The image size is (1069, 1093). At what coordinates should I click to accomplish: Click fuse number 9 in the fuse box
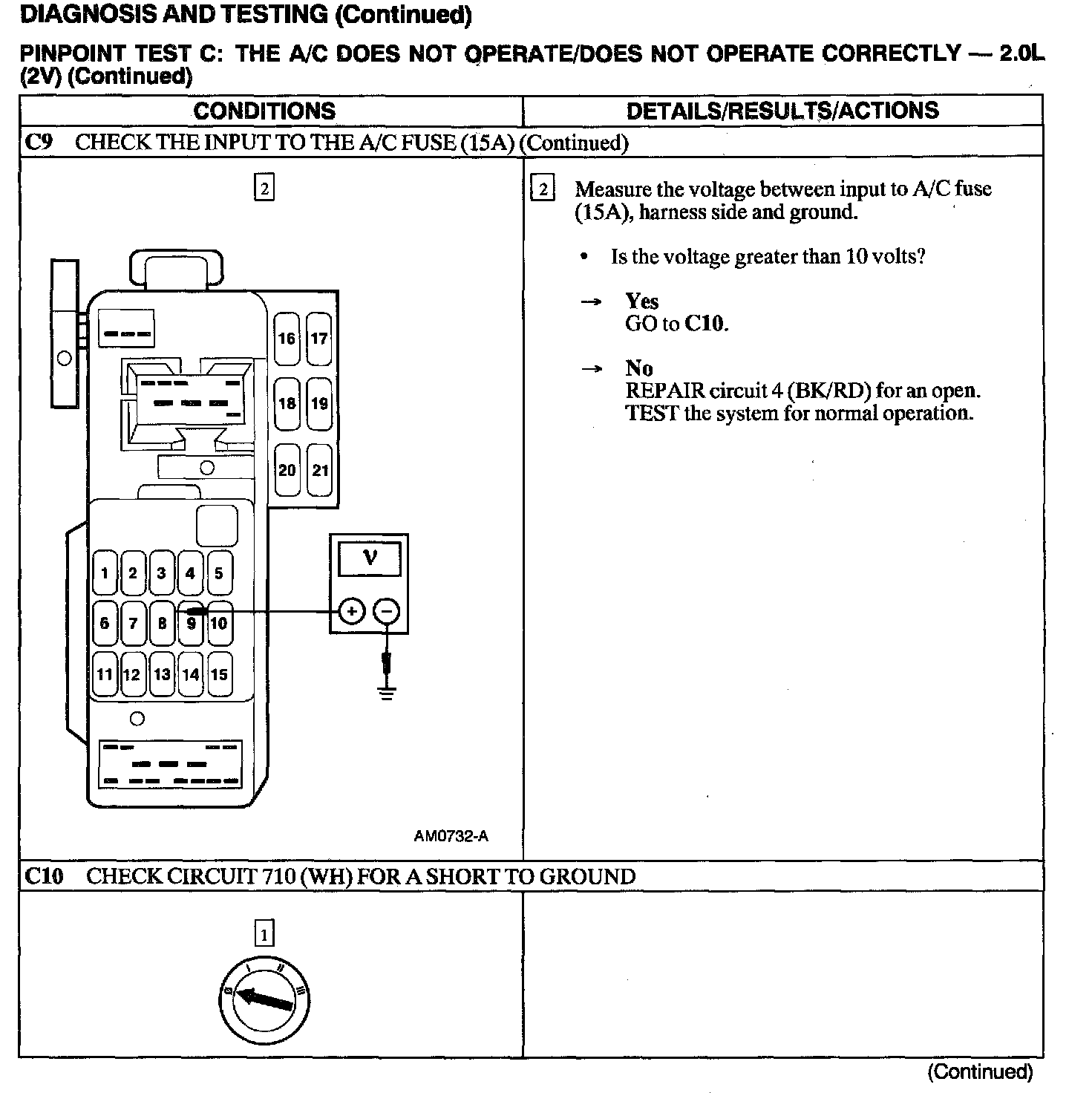(192, 623)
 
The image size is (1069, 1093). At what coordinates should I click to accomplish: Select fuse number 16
(287, 339)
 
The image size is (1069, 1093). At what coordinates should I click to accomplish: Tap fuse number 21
(320, 470)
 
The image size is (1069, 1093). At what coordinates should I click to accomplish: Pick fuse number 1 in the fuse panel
(105, 572)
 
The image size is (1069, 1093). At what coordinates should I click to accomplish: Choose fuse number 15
(219, 674)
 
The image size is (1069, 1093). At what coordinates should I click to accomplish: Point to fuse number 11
(105, 674)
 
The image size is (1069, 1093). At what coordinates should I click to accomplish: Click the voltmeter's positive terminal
(352, 612)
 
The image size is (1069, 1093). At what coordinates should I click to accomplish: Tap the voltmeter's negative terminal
(387, 612)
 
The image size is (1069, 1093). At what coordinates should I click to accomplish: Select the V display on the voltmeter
(369, 558)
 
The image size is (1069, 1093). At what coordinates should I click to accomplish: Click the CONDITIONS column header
(264, 111)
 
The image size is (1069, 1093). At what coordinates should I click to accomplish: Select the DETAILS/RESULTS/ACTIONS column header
(782, 111)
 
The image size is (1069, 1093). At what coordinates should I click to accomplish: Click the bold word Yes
(642, 301)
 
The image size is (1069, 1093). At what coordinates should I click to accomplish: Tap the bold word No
(639, 368)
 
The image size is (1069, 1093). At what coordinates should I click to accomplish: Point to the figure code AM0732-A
(451, 836)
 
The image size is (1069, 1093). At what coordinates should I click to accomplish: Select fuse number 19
(320, 404)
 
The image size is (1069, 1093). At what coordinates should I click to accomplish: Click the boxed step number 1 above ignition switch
(264, 933)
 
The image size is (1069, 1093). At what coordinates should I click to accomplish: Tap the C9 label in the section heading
(39, 142)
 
